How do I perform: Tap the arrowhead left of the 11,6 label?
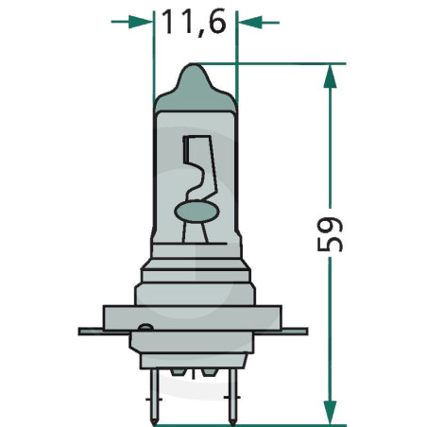coord(142,21)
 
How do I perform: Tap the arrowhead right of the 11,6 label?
coord(248,21)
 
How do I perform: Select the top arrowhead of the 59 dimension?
coord(328,76)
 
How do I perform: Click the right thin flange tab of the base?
coord(297,332)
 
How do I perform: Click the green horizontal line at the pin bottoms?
coord(283,424)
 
